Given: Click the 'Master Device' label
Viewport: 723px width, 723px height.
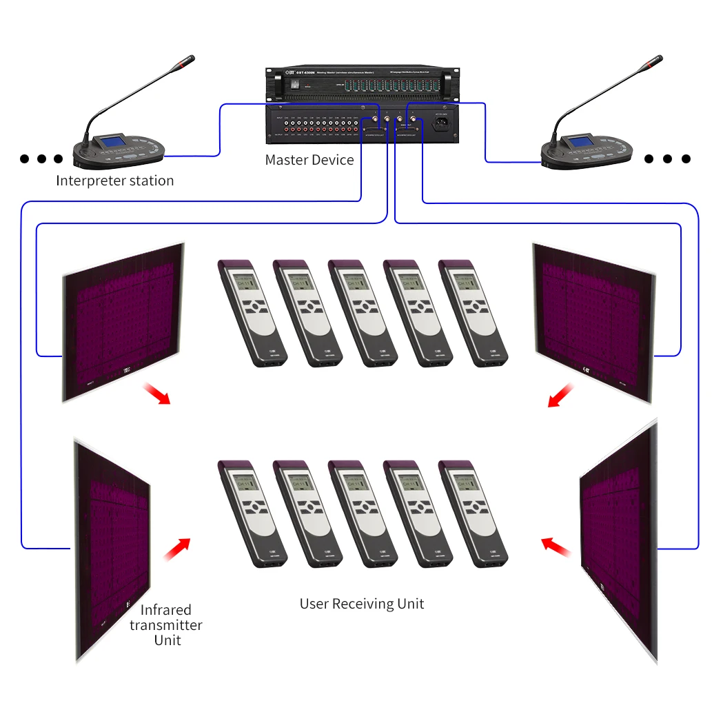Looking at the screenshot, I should tap(309, 160).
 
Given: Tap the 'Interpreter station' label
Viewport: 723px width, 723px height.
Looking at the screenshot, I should tap(114, 181).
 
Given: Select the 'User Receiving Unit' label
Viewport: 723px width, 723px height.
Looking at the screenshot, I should tap(361, 604).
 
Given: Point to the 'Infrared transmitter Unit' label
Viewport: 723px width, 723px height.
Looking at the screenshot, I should tap(166, 624).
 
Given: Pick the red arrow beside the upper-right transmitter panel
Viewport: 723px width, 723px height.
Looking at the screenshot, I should tap(561, 396).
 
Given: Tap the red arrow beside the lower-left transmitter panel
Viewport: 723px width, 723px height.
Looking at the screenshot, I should tap(176, 549).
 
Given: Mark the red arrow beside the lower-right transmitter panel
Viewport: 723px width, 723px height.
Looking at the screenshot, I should tap(556, 547).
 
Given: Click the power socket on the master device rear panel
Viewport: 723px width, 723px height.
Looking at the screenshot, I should tap(440, 125).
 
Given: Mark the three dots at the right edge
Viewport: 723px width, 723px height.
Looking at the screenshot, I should tap(666, 159).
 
